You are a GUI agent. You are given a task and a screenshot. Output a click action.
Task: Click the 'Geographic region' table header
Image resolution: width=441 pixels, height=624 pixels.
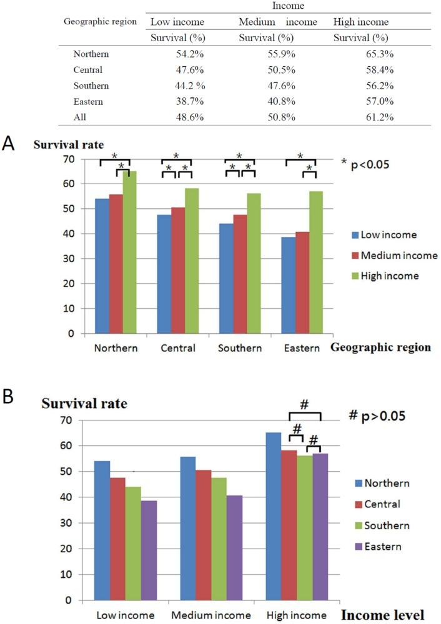click(100, 21)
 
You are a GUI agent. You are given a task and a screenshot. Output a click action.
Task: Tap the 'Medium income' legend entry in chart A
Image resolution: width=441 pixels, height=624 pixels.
click(397, 255)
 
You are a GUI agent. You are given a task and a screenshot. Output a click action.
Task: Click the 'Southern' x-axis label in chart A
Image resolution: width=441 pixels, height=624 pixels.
click(240, 348)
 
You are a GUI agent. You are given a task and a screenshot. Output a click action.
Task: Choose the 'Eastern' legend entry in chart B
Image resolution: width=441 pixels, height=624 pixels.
click(386, 547)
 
